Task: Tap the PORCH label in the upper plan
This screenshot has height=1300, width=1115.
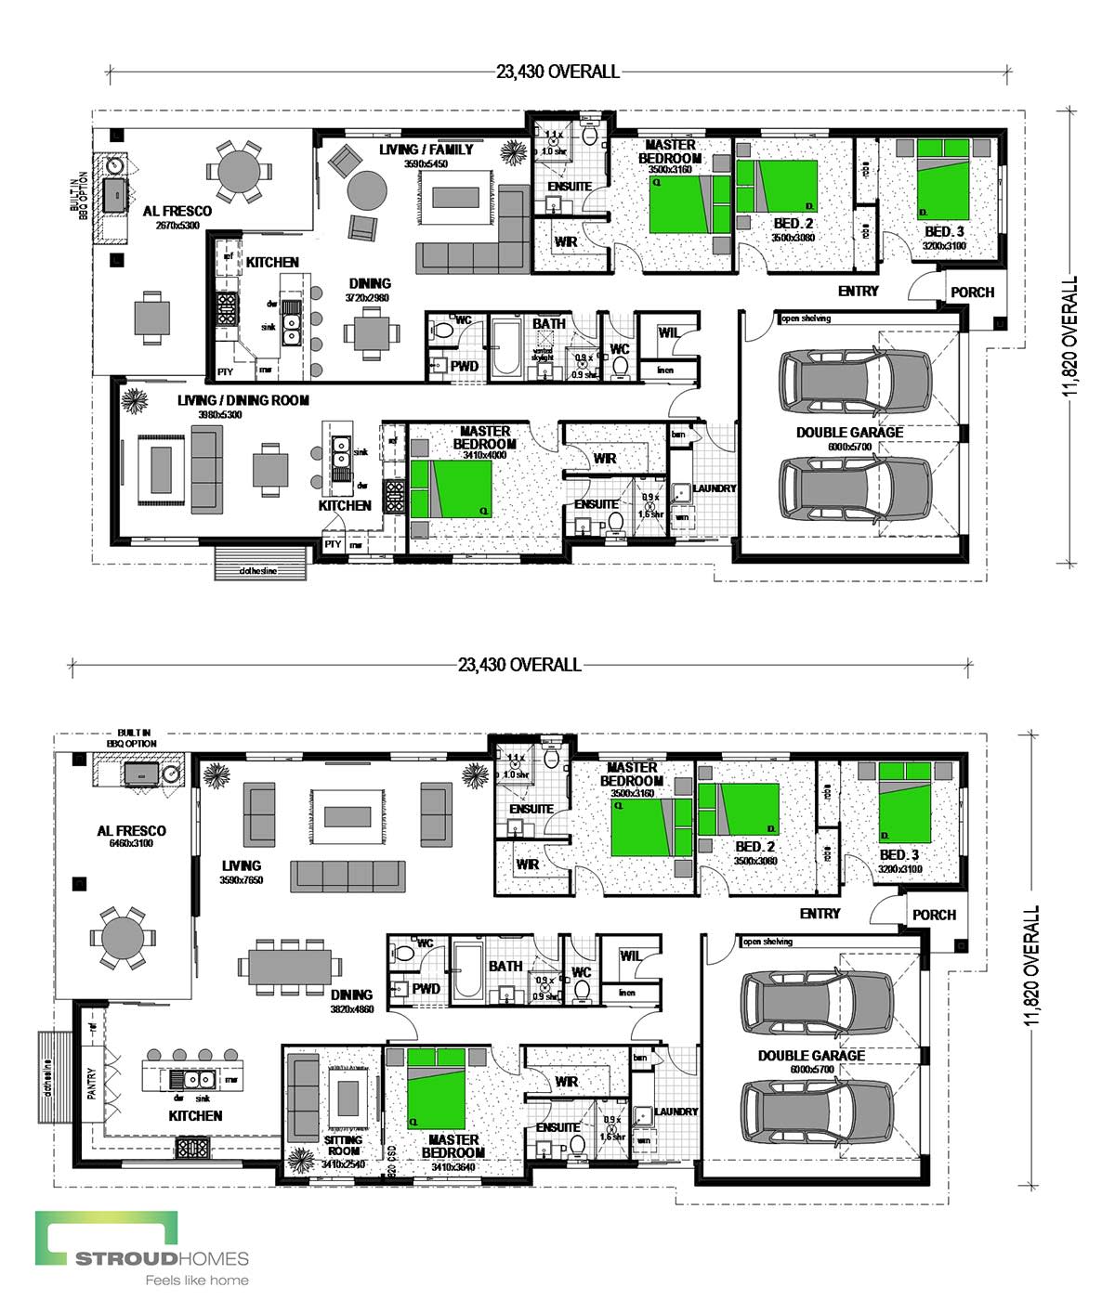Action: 972,292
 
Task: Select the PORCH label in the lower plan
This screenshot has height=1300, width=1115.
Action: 934,915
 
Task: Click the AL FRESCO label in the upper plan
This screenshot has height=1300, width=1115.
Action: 177,211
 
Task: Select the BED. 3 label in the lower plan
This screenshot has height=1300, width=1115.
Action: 900,854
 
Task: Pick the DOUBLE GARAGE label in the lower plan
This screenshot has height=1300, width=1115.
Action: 810,1056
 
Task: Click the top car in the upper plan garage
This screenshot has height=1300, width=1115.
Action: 855,379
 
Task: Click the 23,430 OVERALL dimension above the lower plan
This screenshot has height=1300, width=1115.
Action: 519,665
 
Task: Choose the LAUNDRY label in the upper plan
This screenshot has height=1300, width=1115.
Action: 714,488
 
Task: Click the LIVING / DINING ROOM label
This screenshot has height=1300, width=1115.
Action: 243,400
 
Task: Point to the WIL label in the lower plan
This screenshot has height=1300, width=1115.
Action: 630,955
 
